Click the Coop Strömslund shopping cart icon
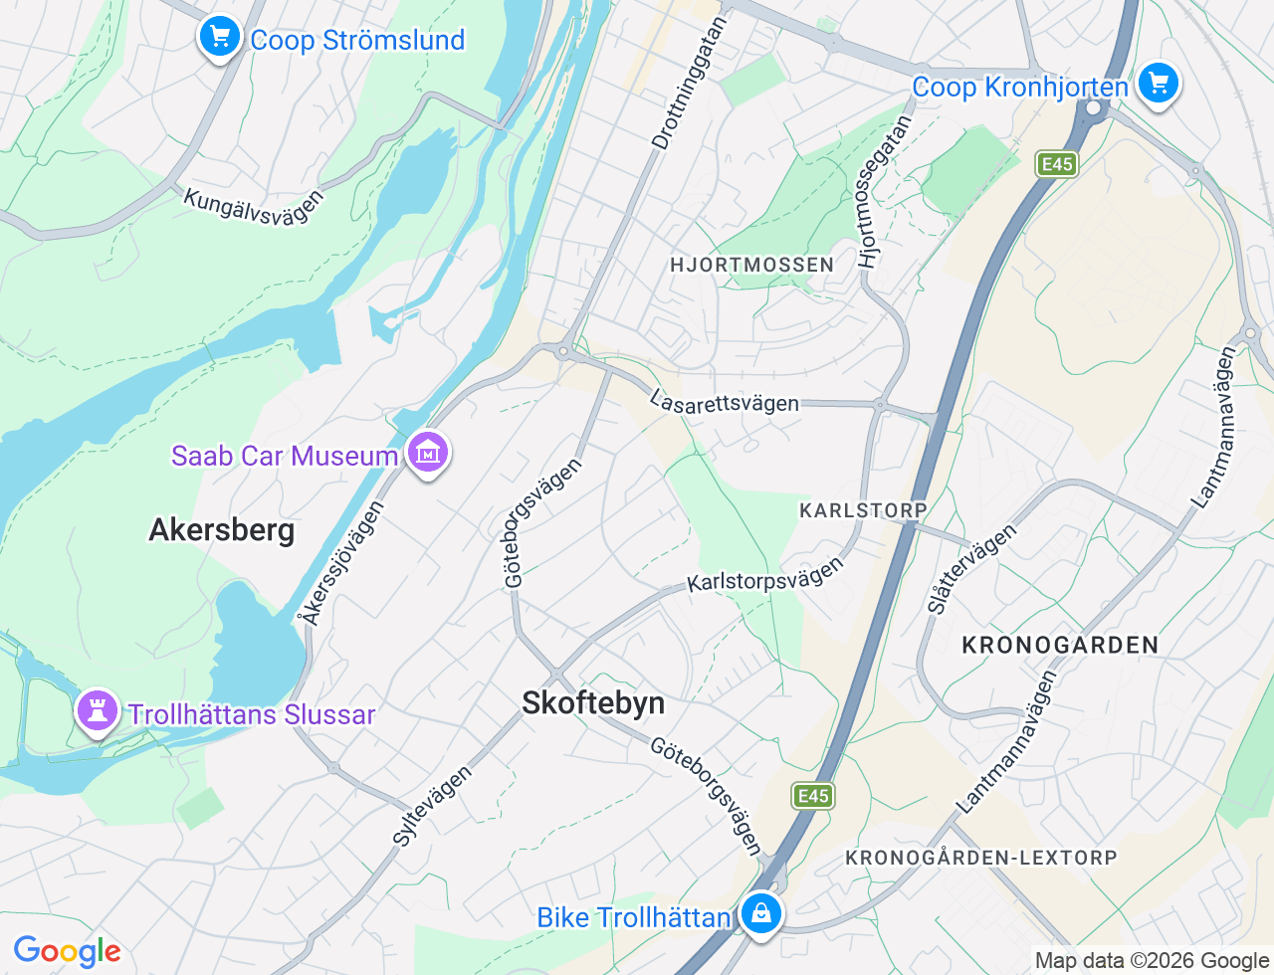pos(219,38)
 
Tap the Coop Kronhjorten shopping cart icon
pos(1158,84)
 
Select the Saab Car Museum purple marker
pos(428,453)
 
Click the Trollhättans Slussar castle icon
pos(98,711)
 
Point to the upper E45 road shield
pos(1056,164)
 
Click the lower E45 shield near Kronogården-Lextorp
pos(812,796)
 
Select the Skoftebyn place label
pos(593,703)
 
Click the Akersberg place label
pos(221,530)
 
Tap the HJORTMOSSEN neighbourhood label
pos(751,265)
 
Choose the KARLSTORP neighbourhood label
pos(863,510)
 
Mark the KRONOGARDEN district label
pos(1060,645)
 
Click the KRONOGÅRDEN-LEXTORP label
pos(980,858)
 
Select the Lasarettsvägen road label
pos(724,402)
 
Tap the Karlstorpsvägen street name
pos(765,576)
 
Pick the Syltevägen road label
pos(432,806)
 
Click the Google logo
pos(67,952)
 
